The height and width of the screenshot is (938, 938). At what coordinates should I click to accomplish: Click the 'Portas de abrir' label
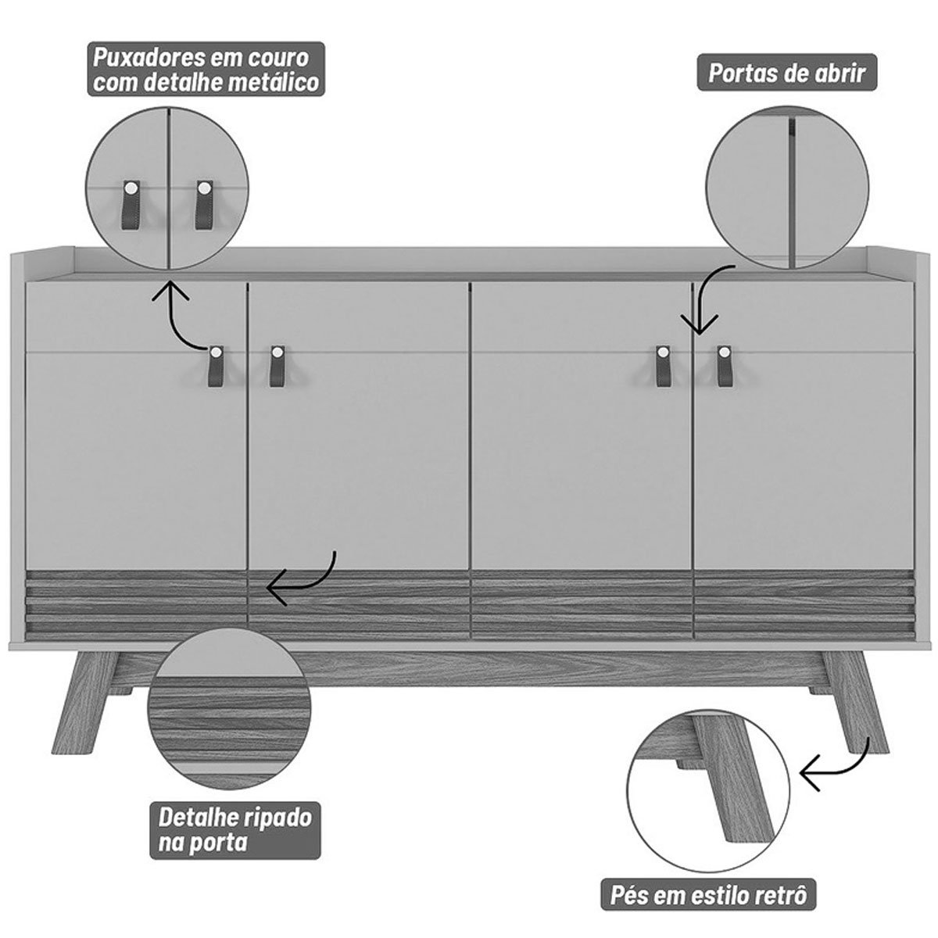(786, 73)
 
